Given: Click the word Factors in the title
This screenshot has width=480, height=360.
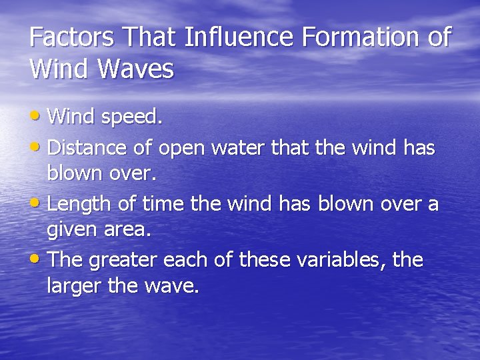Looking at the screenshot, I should point(69,37).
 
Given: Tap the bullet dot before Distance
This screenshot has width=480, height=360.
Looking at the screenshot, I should point(37,146).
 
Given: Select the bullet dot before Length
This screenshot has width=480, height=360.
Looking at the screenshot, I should point(37,202).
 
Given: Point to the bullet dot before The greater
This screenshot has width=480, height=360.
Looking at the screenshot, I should point(37,258).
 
